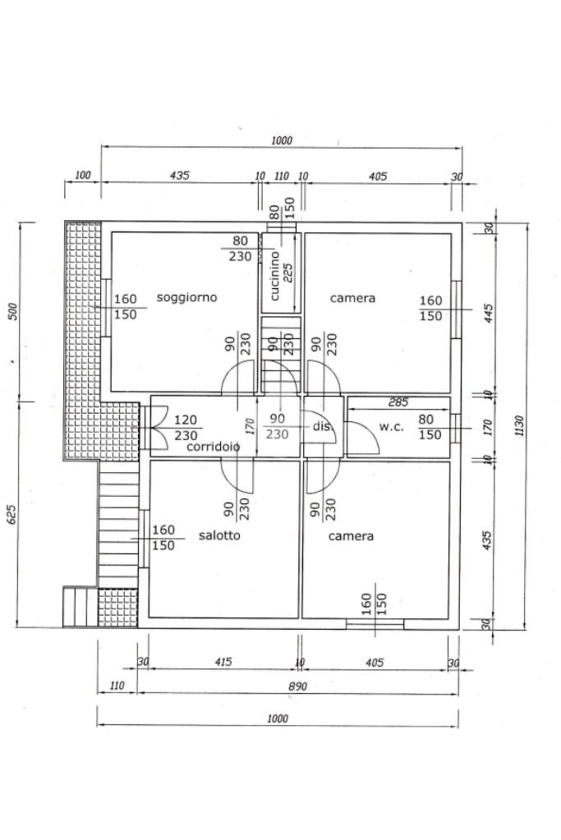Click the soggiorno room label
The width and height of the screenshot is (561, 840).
click(187, 297)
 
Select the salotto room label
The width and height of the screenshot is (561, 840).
click(219, 535)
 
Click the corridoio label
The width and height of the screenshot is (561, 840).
click(214, 448)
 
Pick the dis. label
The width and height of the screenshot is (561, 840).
click(321, 426)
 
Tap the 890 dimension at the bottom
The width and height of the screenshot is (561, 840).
click(298, 686)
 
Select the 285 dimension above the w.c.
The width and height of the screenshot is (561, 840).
click(398, 402)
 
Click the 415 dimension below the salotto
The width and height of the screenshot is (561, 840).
click(223, 662)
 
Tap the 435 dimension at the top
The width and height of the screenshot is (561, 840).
click(180, 176)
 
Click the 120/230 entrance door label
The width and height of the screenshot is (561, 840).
click(186, 428)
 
